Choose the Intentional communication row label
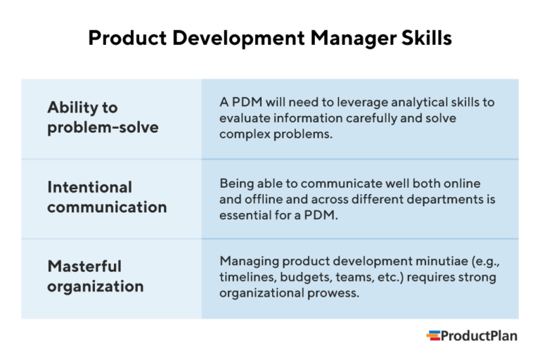pos(107,198)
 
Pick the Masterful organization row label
pos(96,276)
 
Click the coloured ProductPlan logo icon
pos(433,336)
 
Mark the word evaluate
pos(245,118)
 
